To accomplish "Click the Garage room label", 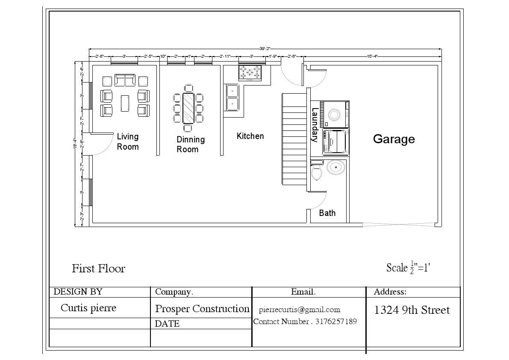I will point(394,139).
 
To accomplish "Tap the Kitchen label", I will point(250,136).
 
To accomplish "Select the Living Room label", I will point(128,142).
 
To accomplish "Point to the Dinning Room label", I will point(190,144).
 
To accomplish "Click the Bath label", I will point(327,213).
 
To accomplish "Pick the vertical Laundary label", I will point(315,125).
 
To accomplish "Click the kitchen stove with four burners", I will point(250,72).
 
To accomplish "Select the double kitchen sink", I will point(232,97).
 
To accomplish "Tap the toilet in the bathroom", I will point(317,171).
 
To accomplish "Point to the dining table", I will point(188,108).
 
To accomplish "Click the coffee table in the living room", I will point(125,103).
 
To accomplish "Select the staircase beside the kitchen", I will point(294,139).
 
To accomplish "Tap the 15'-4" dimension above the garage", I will point(372,56).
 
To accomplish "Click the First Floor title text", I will point(98,269).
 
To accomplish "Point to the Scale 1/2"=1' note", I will point(408,268).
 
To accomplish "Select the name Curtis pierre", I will point(88,308).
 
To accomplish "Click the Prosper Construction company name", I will point(202,309).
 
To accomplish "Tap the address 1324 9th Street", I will point(412,310).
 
